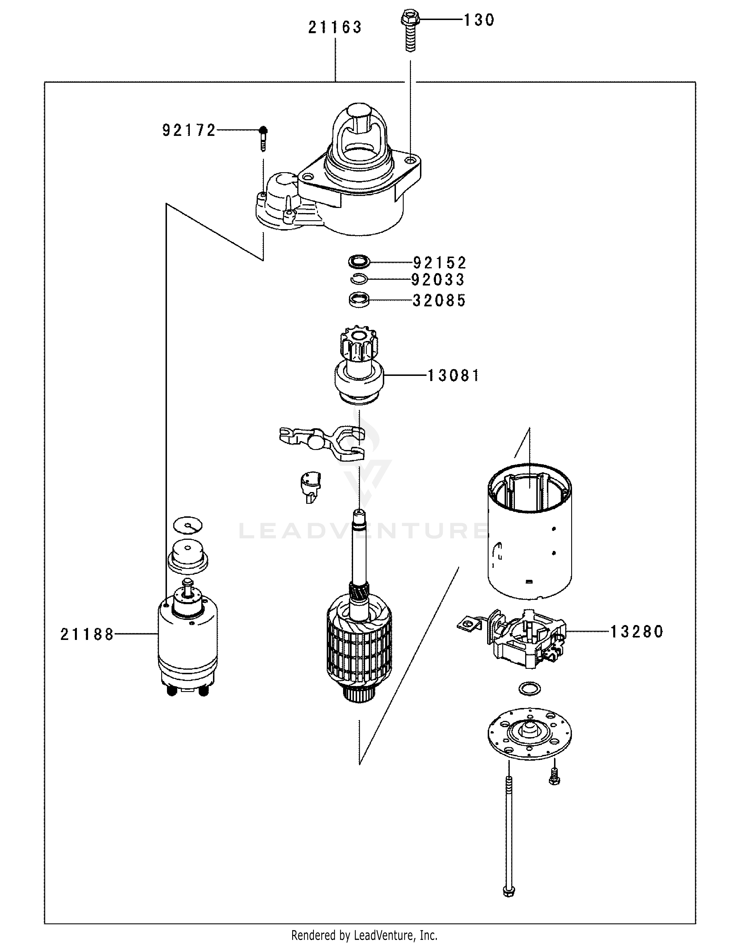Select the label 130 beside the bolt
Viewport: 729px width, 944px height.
pos(479,20)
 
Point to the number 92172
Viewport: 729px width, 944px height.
pos(189,130)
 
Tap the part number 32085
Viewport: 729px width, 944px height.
pos(439,300)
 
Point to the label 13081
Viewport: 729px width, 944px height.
pos(453,376)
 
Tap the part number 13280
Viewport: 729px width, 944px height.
pos(636,632)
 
